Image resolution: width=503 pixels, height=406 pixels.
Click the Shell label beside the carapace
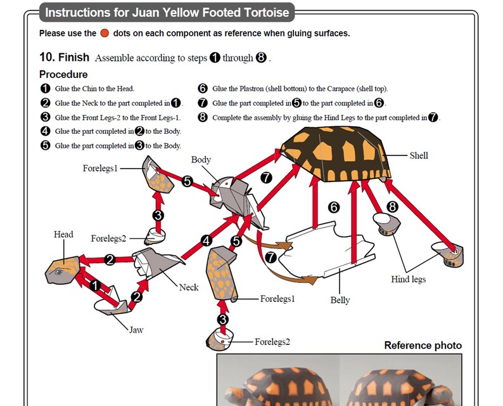coord(419,155)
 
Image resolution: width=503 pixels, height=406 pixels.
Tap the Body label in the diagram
coord(201,160)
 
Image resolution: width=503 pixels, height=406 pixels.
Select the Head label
coord(63,235)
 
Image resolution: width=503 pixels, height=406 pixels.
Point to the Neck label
coord(188,287)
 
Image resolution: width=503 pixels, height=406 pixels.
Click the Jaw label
coord(136,330)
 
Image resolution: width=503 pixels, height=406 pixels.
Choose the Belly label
coord(340,300)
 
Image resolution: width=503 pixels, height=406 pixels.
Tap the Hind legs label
coord(408,279)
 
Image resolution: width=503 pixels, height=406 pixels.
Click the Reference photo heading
coord(423,346)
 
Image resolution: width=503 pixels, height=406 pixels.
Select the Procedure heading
coord(63,74)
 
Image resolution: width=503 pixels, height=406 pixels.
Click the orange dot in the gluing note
coord(105,33)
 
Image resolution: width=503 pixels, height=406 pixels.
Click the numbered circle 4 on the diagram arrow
coord(206,241)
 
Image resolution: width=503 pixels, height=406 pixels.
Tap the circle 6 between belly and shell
coord(334,207)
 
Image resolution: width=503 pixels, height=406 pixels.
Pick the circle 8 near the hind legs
coord(393,206)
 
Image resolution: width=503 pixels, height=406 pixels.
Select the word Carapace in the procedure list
coord(351,89)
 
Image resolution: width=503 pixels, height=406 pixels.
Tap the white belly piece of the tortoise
coord(323,254)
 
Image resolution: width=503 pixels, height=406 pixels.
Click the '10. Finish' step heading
coord(64,57)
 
